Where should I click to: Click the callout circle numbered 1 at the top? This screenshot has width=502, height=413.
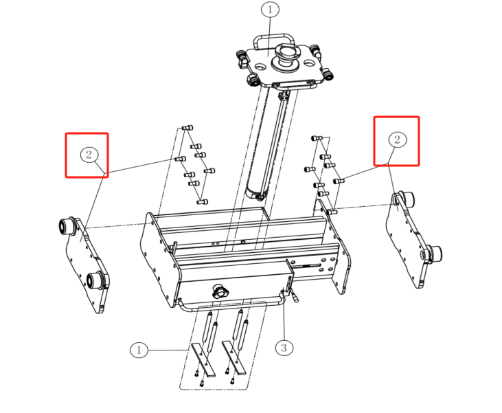tap(270, 10)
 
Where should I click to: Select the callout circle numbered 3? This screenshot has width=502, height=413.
tap(284, 348)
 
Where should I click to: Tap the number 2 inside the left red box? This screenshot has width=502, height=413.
tap(89, 155)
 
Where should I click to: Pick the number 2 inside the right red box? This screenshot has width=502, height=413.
tap(398, 139)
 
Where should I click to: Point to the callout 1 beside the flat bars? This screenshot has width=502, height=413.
tap(139, 350)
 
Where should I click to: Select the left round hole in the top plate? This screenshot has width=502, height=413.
tap(260, 67)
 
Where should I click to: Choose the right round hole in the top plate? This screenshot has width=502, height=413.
tap(308, 63)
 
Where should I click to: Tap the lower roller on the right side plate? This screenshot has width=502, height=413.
tap(432, 254)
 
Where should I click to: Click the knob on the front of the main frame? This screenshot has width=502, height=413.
tap(219, 291)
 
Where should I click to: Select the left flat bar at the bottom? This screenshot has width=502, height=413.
tap(203, 360)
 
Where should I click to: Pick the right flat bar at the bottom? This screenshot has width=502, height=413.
tap(234, 358)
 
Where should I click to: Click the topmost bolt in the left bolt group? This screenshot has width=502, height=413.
tap(187, 128)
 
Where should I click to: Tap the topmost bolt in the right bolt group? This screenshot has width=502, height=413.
tap(317, 138)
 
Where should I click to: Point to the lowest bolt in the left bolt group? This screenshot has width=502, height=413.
tap(203, 202)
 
